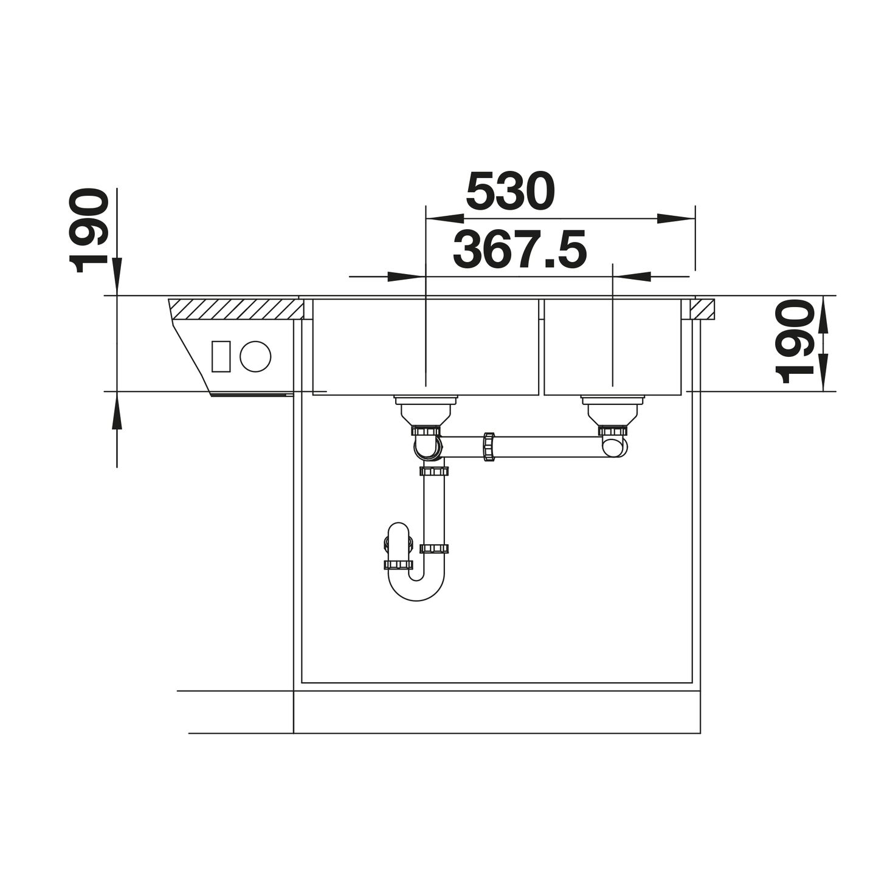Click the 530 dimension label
click(x=511, y=191)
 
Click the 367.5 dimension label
click(x=520, y=250)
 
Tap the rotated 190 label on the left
click(x=89, y=230)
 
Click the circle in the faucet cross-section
click(x=255, y=356)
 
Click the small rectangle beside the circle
click(x=221, y=356)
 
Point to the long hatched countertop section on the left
click(x=235, y=309)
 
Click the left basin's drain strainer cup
click(x=426, y=410)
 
